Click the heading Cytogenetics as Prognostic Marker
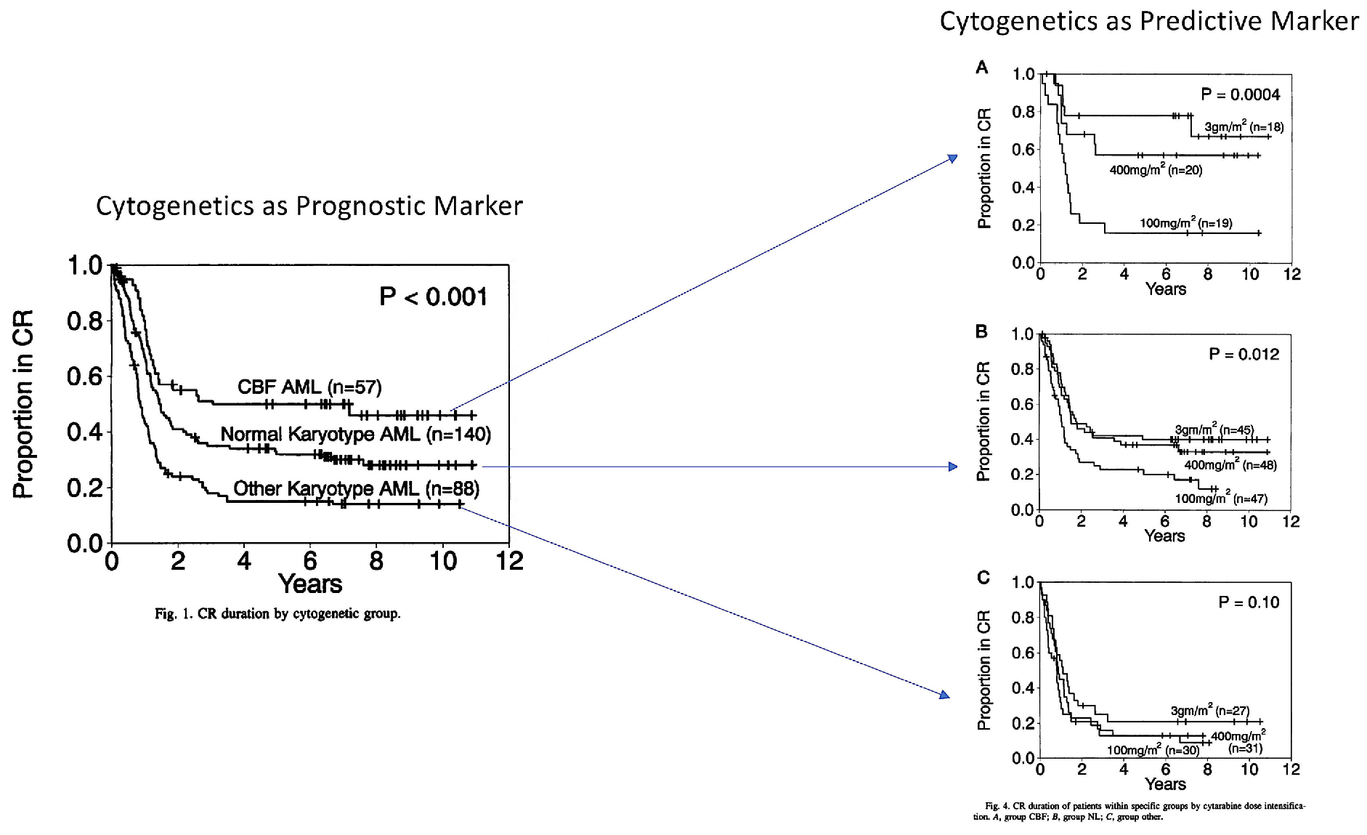pos(309,206)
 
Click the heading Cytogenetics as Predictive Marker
pos(1148,21)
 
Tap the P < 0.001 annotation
pos(433,297)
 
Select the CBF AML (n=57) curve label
pos(309,387)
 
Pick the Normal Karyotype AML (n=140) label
pos(356,435)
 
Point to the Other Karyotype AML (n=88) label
pos(356,488)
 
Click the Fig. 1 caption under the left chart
pos(277,614)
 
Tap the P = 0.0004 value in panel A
pos(1241,94)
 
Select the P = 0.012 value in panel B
pos(1244,355)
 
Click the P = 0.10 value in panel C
pos(1249,602)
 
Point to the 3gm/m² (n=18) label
pos(1244,127)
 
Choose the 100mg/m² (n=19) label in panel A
pos(1185,223)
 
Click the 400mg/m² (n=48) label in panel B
pos(1230,465)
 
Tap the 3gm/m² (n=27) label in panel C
pos(1209,711)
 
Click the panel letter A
pos(982,68)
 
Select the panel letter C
pos(983,578)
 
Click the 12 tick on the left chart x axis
pos(510,562)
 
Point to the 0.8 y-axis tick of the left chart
pos(84,321)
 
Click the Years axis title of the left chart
pos(310,584)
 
